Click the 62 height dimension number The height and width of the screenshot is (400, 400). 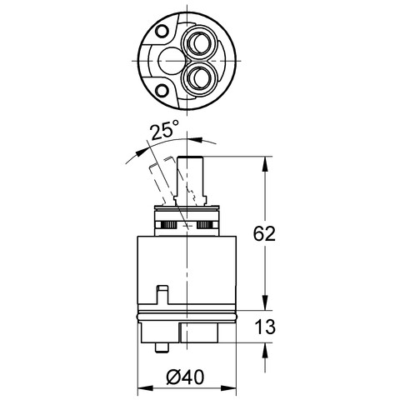(264, 233)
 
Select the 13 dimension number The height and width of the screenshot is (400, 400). (264, 327)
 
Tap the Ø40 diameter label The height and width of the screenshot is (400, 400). (186, 377)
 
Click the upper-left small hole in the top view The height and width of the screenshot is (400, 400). (162, 31)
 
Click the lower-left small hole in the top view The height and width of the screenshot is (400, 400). (161, 91)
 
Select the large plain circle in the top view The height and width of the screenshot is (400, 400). (170, 61)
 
